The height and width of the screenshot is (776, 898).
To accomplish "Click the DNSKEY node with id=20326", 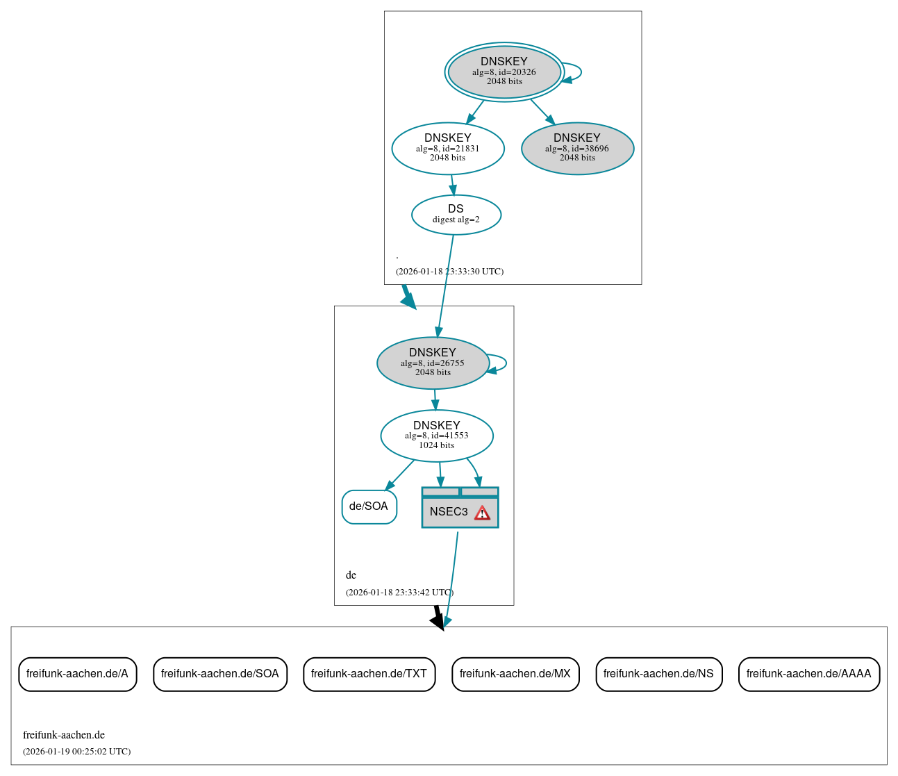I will pyautogui.click(x=504, y=72).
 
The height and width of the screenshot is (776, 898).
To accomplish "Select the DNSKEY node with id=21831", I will pyautogui.click(x=448, y=148).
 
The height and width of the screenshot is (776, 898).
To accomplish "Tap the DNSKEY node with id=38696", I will pyautogui.click(x=577, y=148).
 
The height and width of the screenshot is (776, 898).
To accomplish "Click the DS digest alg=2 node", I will pyautogui.click(x=456, y=215).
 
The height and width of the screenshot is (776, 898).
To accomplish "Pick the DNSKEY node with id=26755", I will pyautogui.click(x=433, y=363).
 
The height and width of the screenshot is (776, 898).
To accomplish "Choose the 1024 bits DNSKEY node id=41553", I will pyautogui.click(x=437, y=436).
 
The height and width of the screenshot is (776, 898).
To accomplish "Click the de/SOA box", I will pyautogui.click(x=369, y=506).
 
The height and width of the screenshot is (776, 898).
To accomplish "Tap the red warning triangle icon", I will pyautogui.click(x=482, y=513).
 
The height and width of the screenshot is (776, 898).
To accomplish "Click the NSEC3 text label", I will pyautogui.click(x=449, y=512).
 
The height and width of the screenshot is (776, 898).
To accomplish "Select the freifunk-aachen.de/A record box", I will pyautogui.click(x=77, y=674).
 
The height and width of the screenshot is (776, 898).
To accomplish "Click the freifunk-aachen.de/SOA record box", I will pyautogui.click(x=219, y=674).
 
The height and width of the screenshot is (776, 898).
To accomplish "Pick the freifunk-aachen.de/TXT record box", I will pyautogui.click(x=369, y=674).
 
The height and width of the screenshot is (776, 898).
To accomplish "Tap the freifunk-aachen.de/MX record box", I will pyautogui.click(x=515, y=674).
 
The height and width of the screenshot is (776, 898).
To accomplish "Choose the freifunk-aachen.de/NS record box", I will pyautogui.click(x=658, y=674).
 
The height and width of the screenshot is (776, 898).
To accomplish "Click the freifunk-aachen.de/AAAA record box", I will pyautogui.click(x=808, y=674).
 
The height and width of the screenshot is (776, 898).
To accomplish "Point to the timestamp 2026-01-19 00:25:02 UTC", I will pyautogui.click(x=76, y=752).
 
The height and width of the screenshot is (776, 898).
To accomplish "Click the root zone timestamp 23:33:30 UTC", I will pyautogui.click(x=449, y=272).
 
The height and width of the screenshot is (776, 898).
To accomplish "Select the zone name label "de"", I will pyautogui.click(x=351, y=575).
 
